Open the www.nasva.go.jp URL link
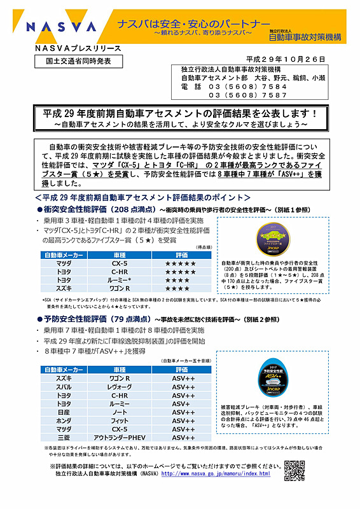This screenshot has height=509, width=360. pos(216,474)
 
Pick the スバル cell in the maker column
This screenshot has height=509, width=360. pos(64,386)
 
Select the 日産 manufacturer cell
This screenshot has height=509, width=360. pos(64,412)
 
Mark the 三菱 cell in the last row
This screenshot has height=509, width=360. pos(64,438)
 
